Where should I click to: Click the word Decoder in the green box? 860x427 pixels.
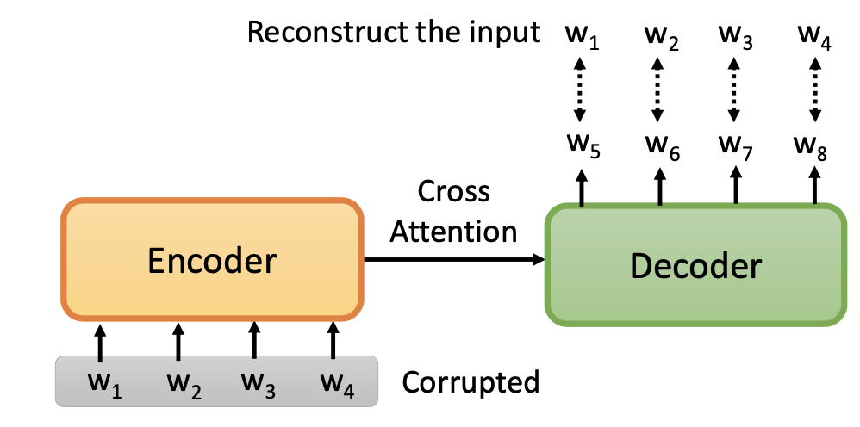coord(695,266)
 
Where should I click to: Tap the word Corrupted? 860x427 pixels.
coord(471,381)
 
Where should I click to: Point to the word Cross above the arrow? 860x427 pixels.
coord(453,191)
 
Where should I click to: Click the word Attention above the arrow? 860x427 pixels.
coord(453,231)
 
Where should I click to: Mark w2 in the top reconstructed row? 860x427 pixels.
coord(661,37)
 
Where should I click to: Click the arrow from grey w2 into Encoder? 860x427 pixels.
coord(178,341)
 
